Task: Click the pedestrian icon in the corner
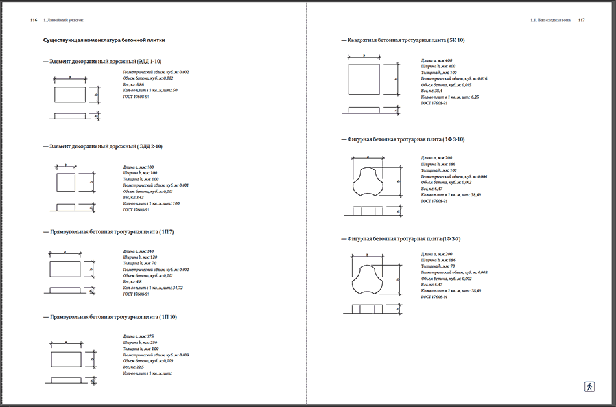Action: pyautogui.click(x=589, y=386)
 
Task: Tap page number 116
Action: pyautogui.click(x=33, y=21)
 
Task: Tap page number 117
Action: pyautogui.click(x=582, y=21)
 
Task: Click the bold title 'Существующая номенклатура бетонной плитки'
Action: pyautogui.click(x=104, y=40)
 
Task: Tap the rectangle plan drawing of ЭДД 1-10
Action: pyautogui.click(x=69, y=95)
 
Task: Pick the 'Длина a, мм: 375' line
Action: pyautogui.click(x=138, y=336)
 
